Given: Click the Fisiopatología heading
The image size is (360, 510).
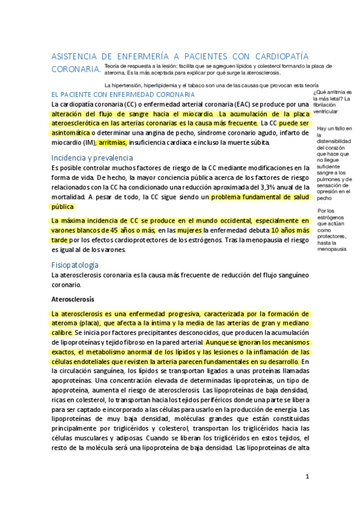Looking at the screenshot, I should point(75,265).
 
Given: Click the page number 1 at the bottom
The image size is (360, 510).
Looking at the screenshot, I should point(307,476).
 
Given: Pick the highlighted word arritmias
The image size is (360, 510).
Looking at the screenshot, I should point(112,143).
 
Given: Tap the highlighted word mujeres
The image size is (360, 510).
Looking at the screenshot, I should point(189,230).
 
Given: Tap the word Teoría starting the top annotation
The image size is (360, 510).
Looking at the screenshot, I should point(112,65).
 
